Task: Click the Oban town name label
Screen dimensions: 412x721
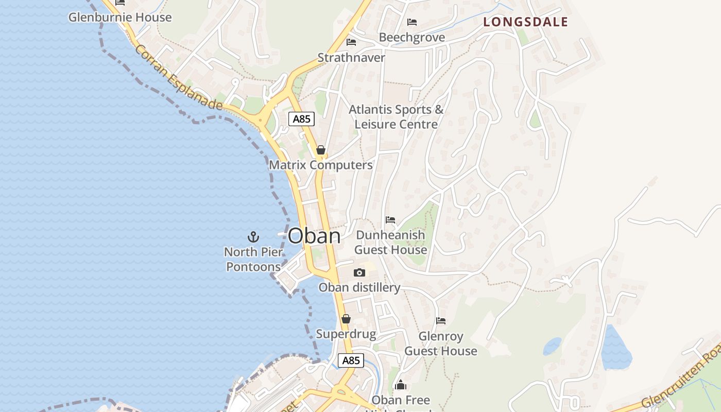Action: (314, 236)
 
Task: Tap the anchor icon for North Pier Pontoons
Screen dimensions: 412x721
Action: (253, 237)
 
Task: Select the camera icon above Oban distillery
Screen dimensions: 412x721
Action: (359, 273)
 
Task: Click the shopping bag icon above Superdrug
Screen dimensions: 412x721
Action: (346, 319)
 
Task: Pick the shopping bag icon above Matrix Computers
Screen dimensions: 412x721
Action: (321, 150)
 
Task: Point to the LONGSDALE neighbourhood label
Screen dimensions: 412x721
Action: (526, 22)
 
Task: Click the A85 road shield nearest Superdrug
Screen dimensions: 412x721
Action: (351, 360)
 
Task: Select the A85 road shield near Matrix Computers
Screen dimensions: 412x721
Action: (301, 119)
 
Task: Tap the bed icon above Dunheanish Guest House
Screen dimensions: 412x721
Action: (390, 220)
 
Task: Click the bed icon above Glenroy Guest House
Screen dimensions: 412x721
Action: (441, 321)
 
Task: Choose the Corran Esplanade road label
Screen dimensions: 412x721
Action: (179, 78)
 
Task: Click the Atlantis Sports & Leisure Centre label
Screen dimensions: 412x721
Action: (396, 117)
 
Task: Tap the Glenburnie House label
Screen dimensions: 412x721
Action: (120, 17)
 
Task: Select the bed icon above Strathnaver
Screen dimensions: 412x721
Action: (351, 42)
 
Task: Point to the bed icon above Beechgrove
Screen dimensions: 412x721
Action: (412, 22)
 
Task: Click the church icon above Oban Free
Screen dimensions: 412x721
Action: (401, 385)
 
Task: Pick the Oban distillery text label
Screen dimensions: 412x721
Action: (359, 287)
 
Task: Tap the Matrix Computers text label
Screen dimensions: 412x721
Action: (321, 165)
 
